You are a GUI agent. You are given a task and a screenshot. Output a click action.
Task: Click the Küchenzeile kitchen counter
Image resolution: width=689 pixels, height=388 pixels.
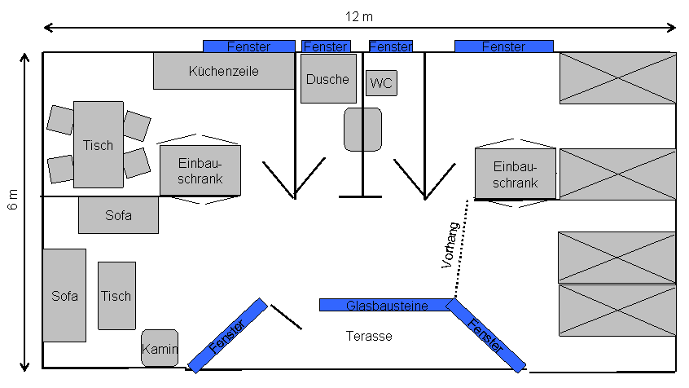click(x=224, y=71)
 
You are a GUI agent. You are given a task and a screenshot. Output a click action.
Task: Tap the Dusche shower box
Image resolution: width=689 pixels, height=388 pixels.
click(x=328, y=79)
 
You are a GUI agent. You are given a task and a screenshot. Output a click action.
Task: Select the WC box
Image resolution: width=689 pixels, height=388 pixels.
click(x=381, y=83)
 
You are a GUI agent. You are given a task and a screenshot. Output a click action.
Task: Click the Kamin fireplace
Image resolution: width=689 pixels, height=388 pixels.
click(x=160, y=348)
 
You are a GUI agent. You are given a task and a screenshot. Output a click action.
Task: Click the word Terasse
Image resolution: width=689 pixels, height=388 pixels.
click(x=368, y=336)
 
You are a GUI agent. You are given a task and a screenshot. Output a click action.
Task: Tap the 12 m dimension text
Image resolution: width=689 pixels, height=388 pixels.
click(x=359, y=16)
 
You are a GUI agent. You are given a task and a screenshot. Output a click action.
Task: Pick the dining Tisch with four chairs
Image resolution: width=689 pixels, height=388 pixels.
click(x=99, y=144)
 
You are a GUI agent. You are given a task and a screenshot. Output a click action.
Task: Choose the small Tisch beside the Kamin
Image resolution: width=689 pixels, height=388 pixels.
click(x=116, y=296)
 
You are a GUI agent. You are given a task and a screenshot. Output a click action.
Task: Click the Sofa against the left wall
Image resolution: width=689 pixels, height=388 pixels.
click(x=64, y=295)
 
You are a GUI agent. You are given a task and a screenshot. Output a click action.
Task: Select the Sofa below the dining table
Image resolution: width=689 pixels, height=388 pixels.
click(x=118, y=215)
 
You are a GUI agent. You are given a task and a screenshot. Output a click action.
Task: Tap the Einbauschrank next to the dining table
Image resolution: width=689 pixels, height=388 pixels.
click(x=200, y=170)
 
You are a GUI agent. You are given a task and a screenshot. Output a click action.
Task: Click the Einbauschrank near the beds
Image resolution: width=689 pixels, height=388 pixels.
click(x=516, y=174)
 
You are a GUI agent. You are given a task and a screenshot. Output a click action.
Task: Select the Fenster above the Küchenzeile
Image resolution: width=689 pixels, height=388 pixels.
click(x=248, y=46)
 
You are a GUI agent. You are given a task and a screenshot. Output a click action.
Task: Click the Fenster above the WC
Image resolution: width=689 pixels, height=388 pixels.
click(x=390, y=46)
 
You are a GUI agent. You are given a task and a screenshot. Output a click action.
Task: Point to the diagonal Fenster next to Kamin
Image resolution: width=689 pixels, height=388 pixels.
click(x=228, y=336)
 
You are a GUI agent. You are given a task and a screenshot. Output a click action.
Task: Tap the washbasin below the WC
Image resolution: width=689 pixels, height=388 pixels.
click(x=362, y=129)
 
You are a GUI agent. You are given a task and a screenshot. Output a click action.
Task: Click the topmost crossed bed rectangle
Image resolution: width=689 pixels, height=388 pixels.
click(x=617, y=78)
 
